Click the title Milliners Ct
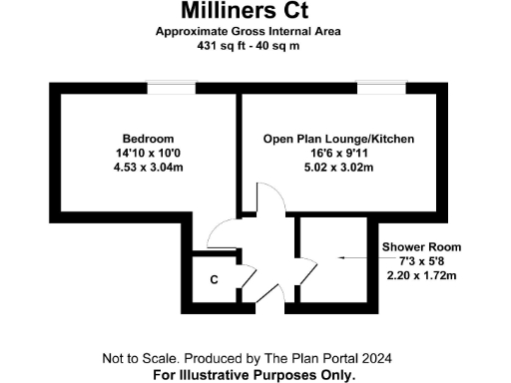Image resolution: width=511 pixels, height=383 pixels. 246,12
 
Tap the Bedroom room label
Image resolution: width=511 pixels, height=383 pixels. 149,138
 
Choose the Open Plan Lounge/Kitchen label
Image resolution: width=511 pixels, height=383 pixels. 338,138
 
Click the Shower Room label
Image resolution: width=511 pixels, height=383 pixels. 421,246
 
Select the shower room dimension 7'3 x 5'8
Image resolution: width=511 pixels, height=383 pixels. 421,259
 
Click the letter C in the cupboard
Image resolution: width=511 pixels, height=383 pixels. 214,280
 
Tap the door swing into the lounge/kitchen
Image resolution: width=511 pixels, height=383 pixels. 267,199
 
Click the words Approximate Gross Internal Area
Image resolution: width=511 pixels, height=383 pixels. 248,32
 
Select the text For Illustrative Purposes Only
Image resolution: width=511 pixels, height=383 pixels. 254,375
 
